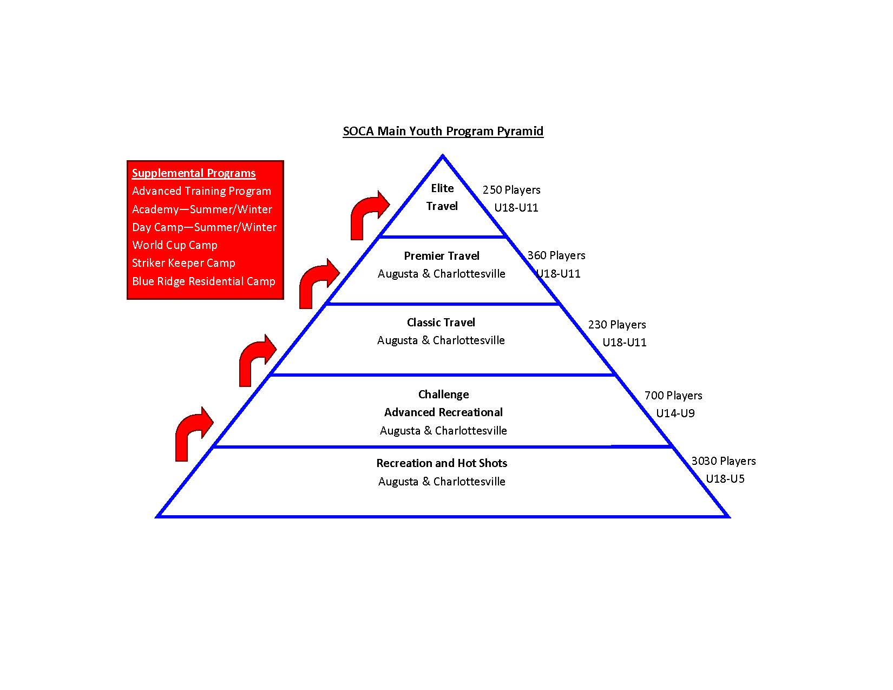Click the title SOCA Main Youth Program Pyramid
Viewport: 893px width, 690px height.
click(443, 131)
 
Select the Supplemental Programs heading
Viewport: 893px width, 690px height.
click(194, 173)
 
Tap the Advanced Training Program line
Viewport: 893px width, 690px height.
click(201, 191)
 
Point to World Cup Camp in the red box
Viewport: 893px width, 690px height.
click(174, 245)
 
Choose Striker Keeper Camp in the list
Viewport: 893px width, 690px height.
click(183, 263)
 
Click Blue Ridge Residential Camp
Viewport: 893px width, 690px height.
click(203, 281)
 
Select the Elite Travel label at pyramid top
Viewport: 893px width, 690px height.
click(442, 197)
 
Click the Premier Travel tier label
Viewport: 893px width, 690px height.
click(442, 256)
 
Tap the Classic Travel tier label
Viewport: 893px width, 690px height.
click(441, 323)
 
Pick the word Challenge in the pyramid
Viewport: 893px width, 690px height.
click(443, 395)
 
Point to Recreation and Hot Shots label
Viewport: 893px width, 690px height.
click(442, 463)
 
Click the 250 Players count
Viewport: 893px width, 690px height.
click(511, 190)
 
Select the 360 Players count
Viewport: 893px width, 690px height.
click(556, 255)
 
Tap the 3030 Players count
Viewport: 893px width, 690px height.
click(723, 461)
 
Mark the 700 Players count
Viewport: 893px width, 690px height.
click(673, 396)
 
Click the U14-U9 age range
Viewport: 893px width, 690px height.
click(675, 413)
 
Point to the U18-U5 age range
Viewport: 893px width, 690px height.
click(725, 479)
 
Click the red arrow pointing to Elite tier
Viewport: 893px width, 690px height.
click(368, 215)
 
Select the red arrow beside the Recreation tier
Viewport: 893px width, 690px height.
click(193, 432)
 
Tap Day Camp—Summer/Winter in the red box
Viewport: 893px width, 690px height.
click(204, 227)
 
